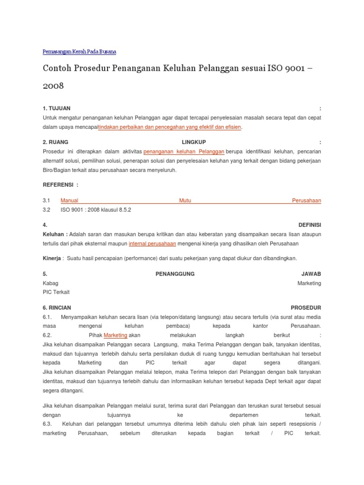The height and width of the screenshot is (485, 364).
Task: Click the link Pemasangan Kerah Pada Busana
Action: [79, 51]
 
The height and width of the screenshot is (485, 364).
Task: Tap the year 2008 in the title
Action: [53, 87]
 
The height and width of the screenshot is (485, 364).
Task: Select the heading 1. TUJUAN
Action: [56, 108]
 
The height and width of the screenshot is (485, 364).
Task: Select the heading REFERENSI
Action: [60, 184]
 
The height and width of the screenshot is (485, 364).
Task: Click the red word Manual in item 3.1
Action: [69, 200]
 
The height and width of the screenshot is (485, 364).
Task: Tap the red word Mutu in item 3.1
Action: [185, 200]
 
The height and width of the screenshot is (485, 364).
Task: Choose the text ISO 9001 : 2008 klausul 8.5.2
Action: [96, 209]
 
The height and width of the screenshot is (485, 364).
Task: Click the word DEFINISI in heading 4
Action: [309, 225]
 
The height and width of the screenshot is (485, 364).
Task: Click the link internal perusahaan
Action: [153, 243]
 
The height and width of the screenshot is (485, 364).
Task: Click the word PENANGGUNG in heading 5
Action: [175, 274]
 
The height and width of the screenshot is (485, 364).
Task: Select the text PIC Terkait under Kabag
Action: [56, 292]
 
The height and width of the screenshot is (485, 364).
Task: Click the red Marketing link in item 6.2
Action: [116, 335]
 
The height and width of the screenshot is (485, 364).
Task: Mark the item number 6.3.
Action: [47, 424]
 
